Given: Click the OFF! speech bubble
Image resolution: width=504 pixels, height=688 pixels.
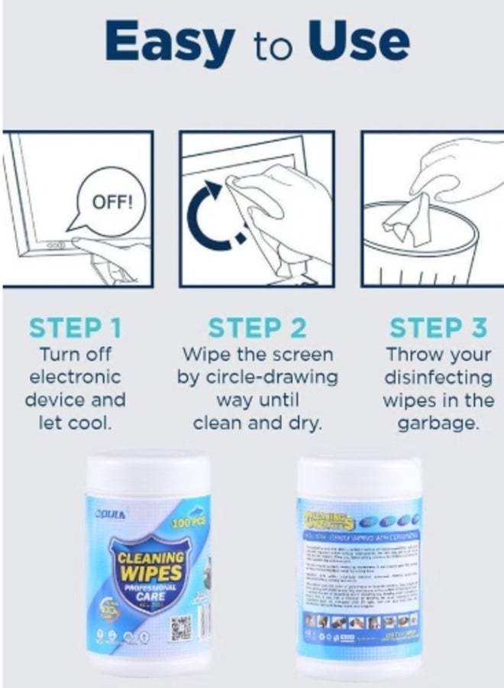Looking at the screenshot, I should [111, 203].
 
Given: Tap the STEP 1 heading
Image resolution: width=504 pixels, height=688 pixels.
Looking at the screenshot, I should [76, 328].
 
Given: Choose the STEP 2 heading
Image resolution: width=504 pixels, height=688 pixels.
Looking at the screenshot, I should [257, 328].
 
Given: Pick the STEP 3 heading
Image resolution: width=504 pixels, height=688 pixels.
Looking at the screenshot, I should [438, 328].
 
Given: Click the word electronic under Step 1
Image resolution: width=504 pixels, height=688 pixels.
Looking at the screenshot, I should [76, 378].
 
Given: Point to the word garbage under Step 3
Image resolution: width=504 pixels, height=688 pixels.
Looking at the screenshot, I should [438, 424].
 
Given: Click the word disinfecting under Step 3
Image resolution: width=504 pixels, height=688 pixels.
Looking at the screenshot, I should [438, 378].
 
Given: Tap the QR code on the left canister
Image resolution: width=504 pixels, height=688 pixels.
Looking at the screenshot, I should [179, 627].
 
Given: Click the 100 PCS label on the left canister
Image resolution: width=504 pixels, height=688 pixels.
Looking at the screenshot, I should [188, 522].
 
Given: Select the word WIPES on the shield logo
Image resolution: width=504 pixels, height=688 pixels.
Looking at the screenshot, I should [150, 573].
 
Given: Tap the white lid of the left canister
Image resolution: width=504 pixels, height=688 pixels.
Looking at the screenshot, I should [147, 472].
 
